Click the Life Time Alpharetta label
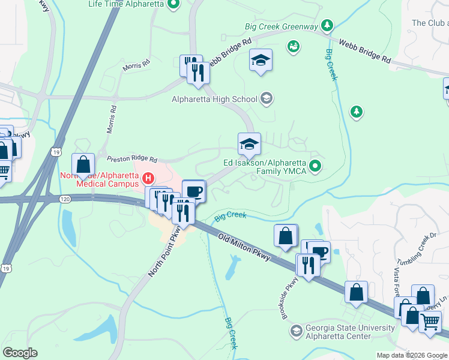pyautogui.click(x=125, y=4)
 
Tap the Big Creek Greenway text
pyautogui.click(x=281, y=26)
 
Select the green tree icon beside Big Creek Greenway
pyautogui.click(x=327, y=25)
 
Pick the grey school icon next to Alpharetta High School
pyautogui.click(x=267, y=99)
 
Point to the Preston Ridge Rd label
pyautogui.click(x=131, y=160)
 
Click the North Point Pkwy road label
pyautogui.click(x=166, y=256)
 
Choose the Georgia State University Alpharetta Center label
pyautogui.click(x=350, y=332)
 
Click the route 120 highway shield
pyautogui.click(x=65, y=199)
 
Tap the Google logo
pyautogui.click(x=20, y=353)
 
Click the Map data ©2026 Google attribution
pyautogui.click(x=411, y=355)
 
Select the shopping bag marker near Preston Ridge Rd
pyautogui.click(x=83, y=164)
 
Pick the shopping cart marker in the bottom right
pyautogui.click(x=430, y=322)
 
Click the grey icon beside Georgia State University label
pyautogui.click(x=296, y=331)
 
